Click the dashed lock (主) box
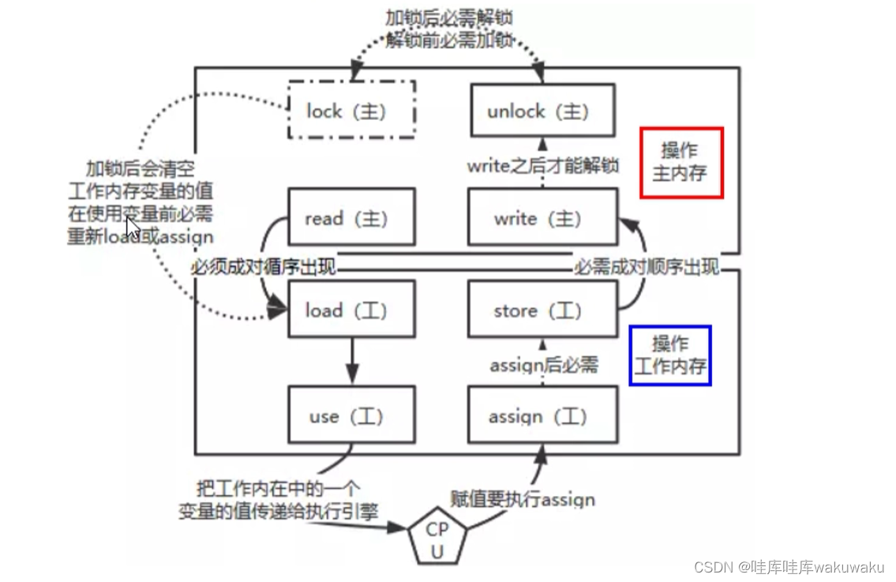click(351, 111)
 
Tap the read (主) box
click(351, 217)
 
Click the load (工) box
click(351, 310)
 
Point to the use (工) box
click(351, 415)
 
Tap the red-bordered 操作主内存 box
click(680, 162)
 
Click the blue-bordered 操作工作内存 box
click(669, 355)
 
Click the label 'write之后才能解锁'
click(542, 166)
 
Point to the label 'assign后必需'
click(544, 365)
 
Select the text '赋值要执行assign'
click(523, 499)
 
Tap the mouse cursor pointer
click(133, 227)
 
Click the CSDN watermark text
click(789, 567)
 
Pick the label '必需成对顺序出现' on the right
click(646, 268)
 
